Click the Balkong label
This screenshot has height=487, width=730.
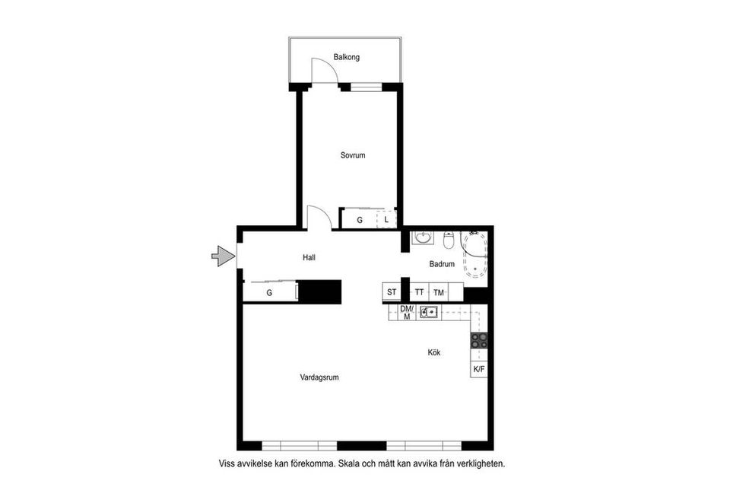coord(346,57)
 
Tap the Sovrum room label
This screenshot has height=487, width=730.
coord(353,155)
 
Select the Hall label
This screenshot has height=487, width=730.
coord(309,258)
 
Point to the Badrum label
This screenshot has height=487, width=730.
coord(442,265)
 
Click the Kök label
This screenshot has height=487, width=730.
coord(434,352)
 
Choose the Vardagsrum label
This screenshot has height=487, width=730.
coord(319,376)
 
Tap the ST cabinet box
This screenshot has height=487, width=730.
coord(392,292)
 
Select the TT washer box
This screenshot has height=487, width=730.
coord(419,292)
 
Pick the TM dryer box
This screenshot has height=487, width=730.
coord(439,292)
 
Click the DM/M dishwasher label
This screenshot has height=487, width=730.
coord(406,312)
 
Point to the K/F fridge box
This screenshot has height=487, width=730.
coord(479,369)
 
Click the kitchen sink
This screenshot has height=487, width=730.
coord(430,311)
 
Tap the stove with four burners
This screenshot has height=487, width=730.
coord(479,340)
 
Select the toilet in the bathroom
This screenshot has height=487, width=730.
coord(449,240)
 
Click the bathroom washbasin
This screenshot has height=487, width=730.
coord(422,240)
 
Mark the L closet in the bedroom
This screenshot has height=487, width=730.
coord(386,220)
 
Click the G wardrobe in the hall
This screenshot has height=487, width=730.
coord(269,292)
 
